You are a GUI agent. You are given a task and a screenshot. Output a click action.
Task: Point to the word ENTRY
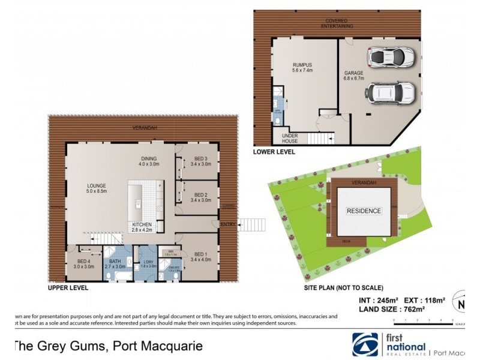point(229,225)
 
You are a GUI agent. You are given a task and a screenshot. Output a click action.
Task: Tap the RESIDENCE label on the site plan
point(364,211)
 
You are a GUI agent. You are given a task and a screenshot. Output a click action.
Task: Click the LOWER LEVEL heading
point(274,152)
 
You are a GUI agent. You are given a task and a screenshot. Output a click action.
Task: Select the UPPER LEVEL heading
point(68,288)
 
